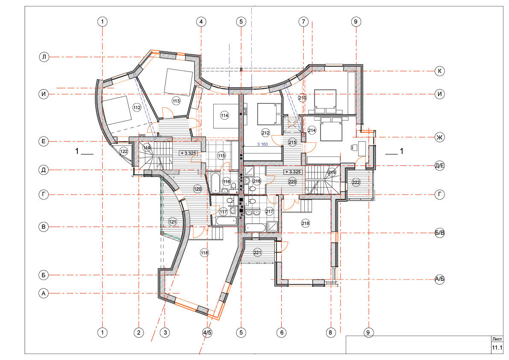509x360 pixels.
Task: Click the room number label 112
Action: coord(137,107)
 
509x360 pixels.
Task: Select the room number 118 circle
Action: coord(205,253)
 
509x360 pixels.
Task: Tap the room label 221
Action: coord(257,253)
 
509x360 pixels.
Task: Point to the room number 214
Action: coord(312,130)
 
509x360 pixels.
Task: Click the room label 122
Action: coord(124,151)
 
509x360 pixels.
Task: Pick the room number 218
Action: coord(306,223)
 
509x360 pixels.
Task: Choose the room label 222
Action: coord(356,183)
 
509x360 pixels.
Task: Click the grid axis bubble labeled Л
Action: coord(44,57)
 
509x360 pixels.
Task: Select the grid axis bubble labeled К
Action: coord(439,71)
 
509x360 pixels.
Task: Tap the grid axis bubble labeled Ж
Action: coord(439,137)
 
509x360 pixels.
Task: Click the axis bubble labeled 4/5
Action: coord(207,332)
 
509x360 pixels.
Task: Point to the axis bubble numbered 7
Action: coord(303,22)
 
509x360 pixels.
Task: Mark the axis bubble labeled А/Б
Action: coord(439,279)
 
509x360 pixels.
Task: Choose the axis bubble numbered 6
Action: coord(282,332)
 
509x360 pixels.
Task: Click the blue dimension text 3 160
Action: coord(262,144)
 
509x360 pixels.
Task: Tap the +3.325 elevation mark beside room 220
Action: coord(293,172)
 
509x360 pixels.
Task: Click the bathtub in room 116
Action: coord(216,183)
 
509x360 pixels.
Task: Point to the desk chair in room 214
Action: coord(353,148)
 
